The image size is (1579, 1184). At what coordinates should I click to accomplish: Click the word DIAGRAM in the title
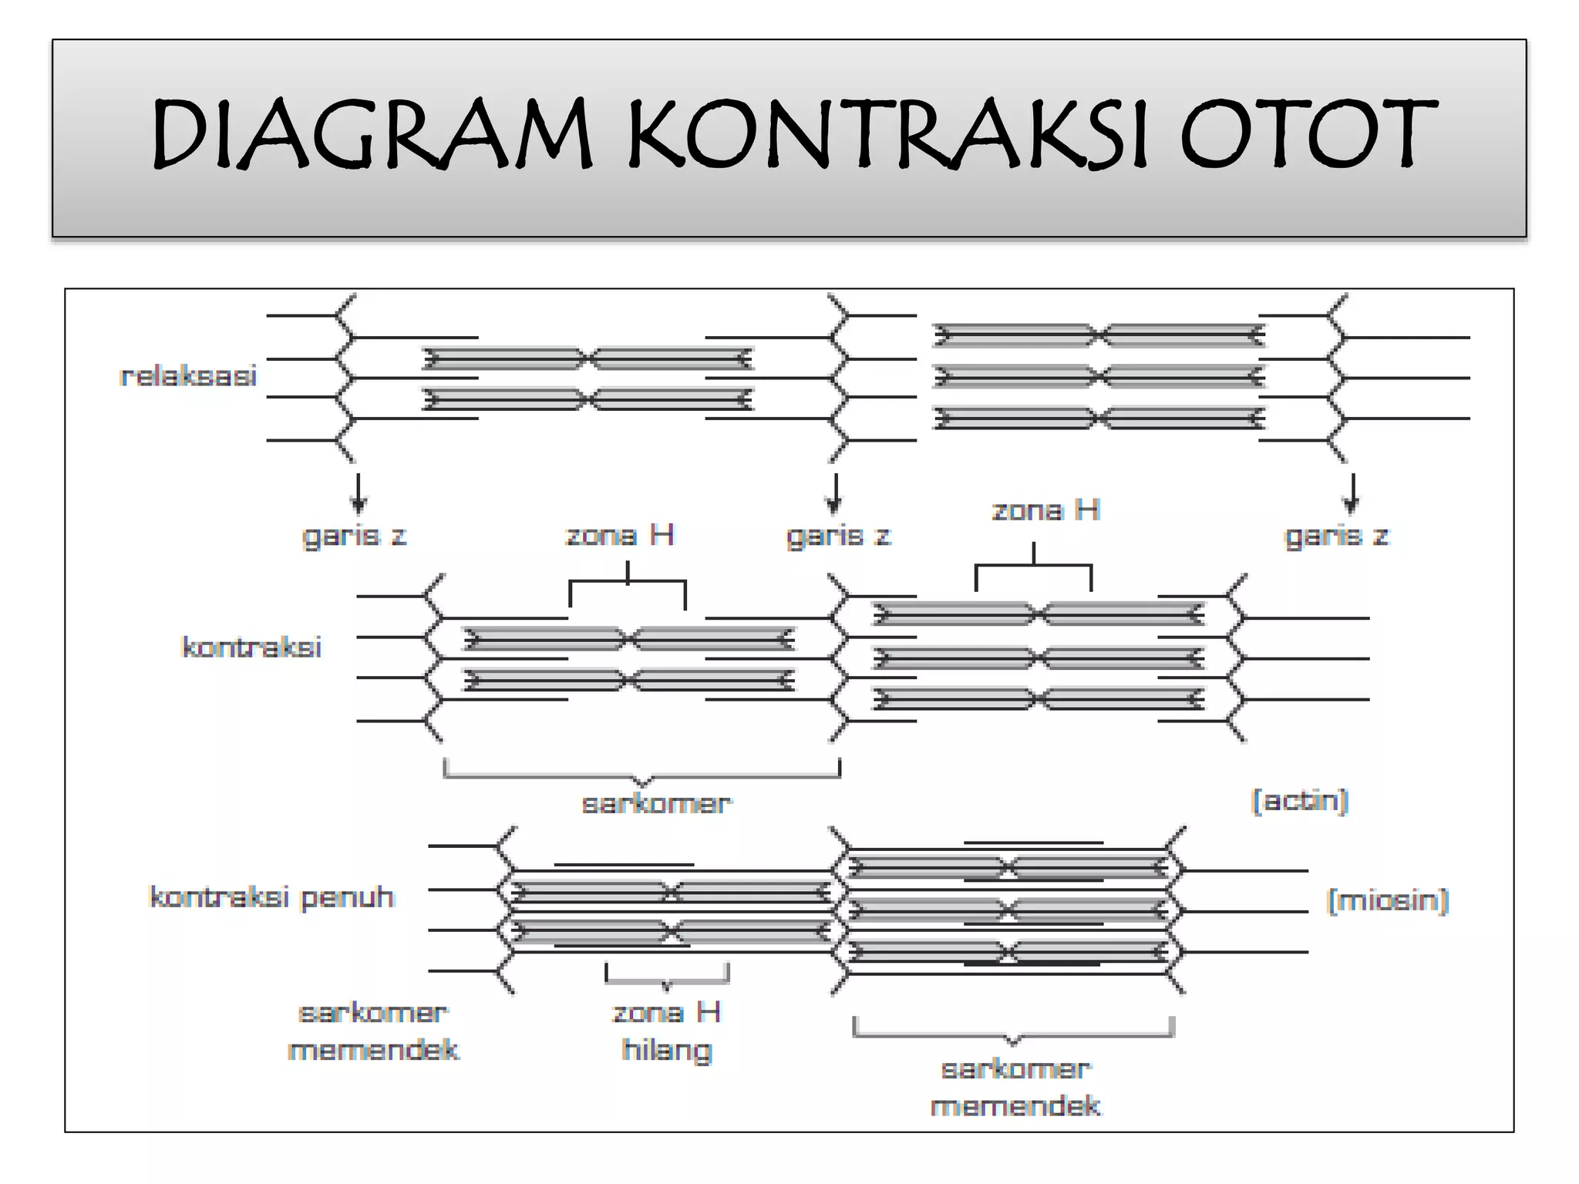(x=371, y=134)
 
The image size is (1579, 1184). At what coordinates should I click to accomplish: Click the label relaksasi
(x=189, y=376)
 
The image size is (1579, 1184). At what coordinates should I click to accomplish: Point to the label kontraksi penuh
(x=271, y=897)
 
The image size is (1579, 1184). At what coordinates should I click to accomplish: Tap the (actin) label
(x=1299, y=801)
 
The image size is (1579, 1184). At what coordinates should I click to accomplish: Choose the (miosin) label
(x=1388, y=900)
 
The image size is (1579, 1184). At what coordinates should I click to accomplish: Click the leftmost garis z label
(x=354, y=536)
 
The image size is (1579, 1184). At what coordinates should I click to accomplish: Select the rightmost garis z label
(x=1336, y=536)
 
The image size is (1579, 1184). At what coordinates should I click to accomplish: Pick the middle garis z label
(x=838, y=536)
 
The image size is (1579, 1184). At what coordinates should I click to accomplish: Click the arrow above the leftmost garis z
(x=358, y=494)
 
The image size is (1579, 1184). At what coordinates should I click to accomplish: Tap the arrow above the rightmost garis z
(x=1350, y=494)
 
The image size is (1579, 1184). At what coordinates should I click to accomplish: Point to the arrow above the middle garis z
(x=833, y=494)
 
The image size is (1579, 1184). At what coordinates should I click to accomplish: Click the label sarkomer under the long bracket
(x=656, y=804)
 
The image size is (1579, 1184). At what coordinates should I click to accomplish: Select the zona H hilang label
(x=667, y=1031)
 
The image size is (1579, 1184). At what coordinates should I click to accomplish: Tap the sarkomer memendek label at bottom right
(x=1015, y=1088)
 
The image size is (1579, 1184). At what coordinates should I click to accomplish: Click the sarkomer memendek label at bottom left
(x=373, y=1031)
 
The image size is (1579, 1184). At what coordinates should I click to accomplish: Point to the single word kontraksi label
(x=251, y=647)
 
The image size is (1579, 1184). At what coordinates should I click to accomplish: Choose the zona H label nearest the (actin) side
(x=1045, y=510)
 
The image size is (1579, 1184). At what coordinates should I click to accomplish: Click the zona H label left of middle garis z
(x=620, y=535)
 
